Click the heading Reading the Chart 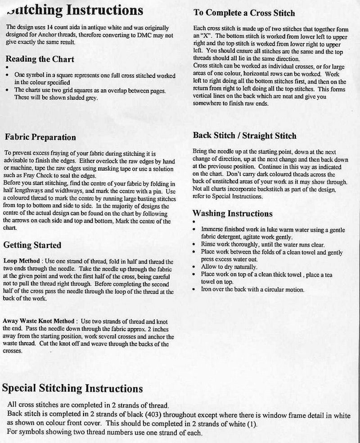pyautogui.click(x=40, y=59)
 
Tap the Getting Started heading pyautogui.click(x=32, y=245)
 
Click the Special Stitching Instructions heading pyautogui.click(x=72, y=388)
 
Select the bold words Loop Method pyautogui.click(x=22, y=261)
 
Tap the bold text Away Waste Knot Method pyautogui.click(x=38, y=321)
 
